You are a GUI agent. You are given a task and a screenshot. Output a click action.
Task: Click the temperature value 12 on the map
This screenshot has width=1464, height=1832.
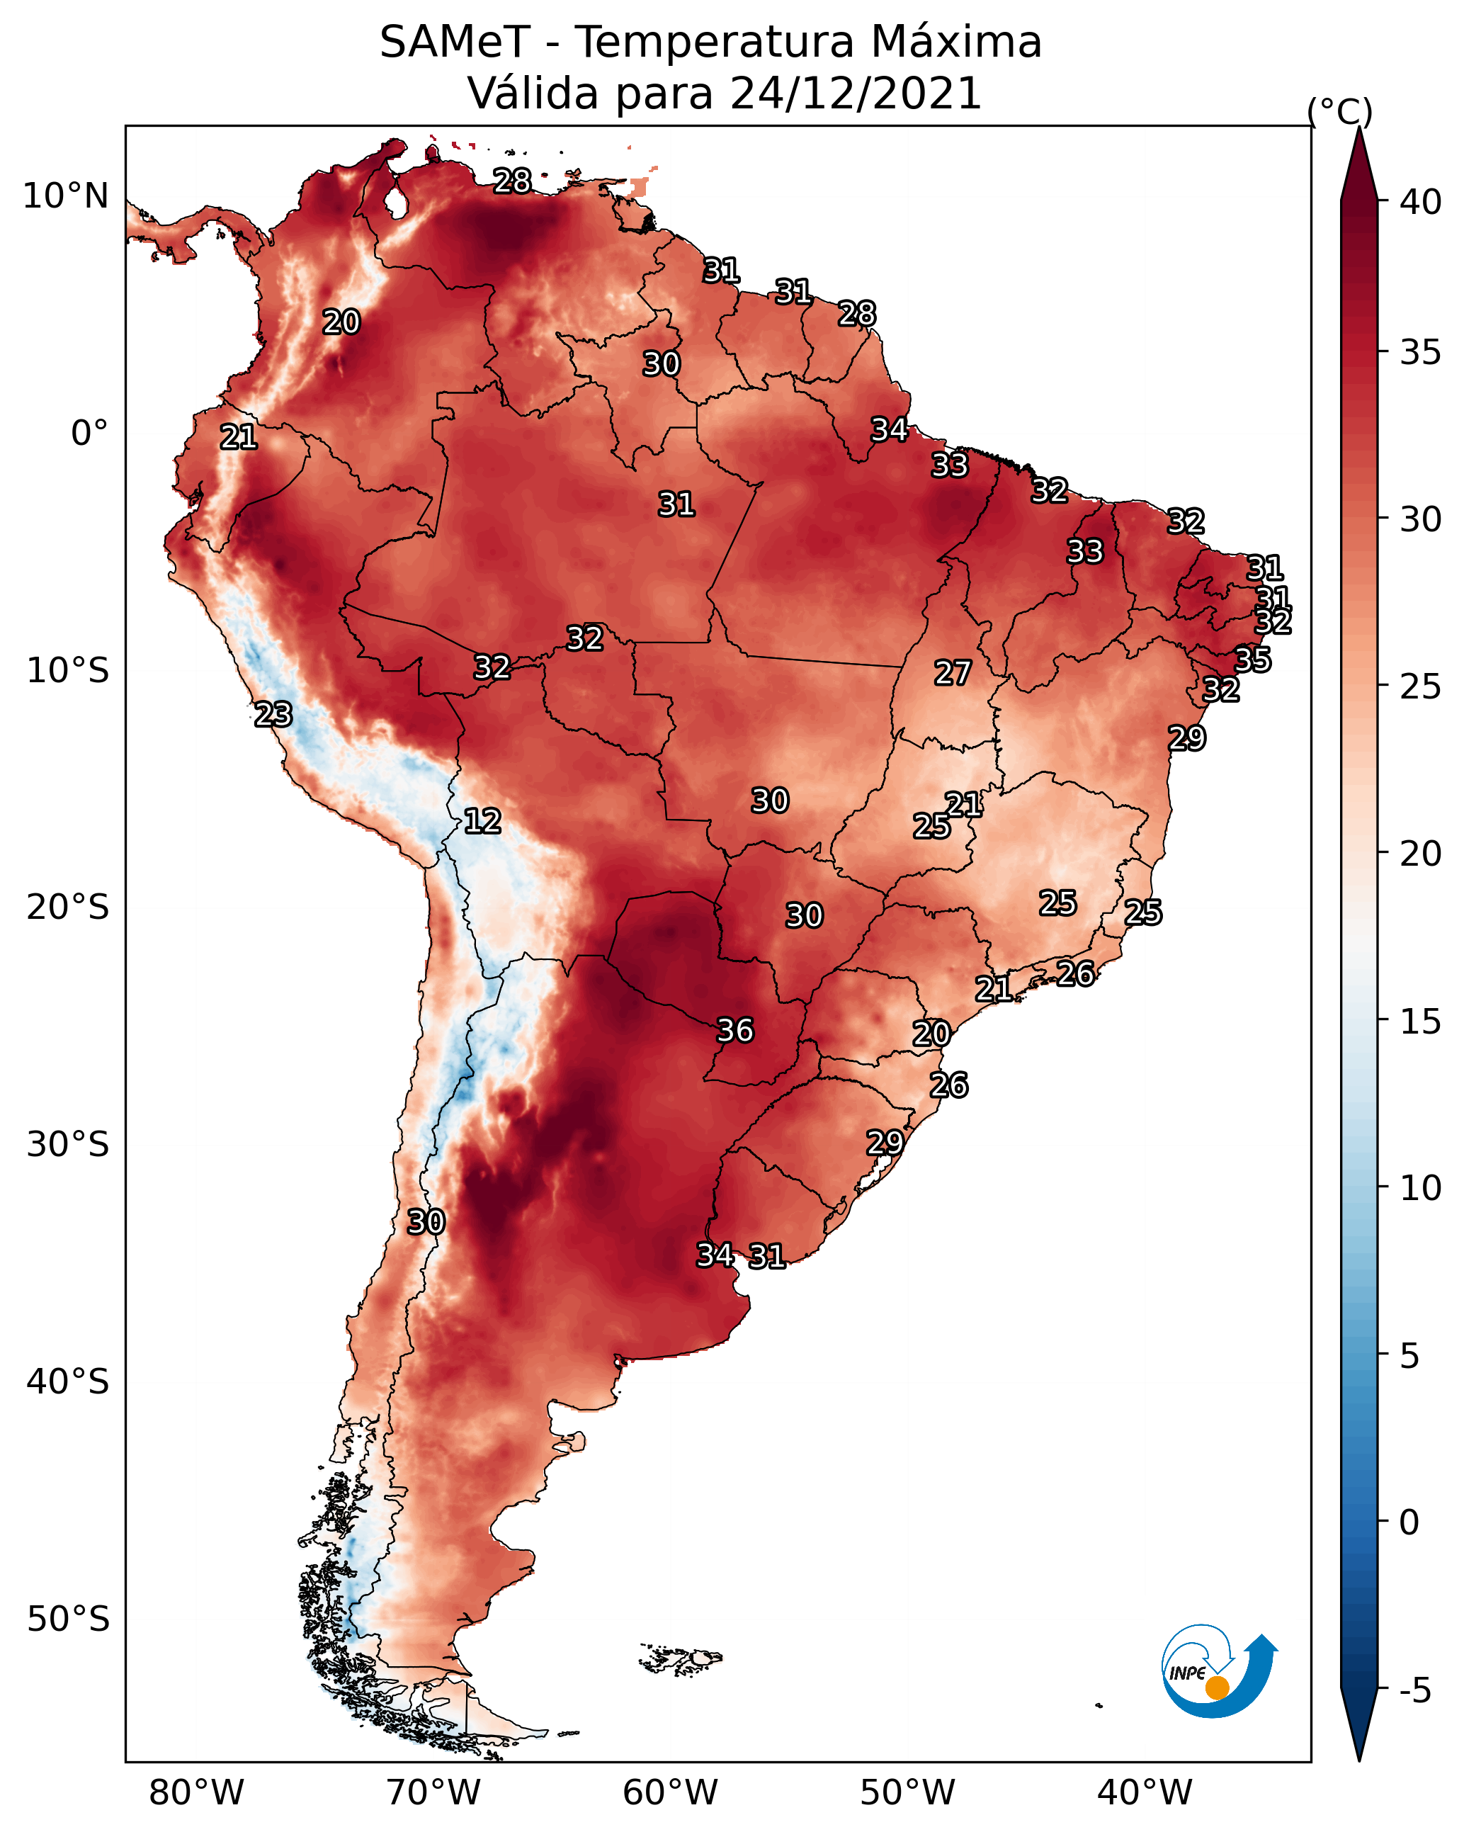482,821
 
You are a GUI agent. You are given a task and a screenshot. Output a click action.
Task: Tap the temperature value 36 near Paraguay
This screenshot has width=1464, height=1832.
735,1030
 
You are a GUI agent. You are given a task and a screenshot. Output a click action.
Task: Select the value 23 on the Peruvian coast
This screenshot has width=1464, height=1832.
273,715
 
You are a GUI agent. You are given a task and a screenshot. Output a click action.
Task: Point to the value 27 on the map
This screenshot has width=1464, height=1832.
953,673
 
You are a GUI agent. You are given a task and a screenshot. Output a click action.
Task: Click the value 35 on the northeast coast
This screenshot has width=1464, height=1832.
1253,660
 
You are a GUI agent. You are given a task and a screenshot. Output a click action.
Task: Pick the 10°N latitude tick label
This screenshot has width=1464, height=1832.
65,196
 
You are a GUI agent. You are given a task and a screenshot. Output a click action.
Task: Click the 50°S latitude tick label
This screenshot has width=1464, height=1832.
68,1619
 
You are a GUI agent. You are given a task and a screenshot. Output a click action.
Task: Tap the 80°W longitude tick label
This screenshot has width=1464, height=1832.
196,1793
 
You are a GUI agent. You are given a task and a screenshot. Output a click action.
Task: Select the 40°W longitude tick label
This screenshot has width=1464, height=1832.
1145,1793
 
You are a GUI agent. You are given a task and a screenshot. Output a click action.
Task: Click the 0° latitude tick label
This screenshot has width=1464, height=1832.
90,434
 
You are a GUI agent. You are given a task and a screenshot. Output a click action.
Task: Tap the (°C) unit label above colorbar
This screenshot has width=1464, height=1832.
1340,111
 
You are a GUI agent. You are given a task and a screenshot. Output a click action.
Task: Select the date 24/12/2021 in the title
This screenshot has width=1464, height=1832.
856,94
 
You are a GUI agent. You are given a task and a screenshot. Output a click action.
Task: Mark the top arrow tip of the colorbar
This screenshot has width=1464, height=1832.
1358,128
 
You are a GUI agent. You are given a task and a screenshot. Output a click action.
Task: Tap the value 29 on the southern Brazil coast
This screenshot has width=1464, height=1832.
885,1142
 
